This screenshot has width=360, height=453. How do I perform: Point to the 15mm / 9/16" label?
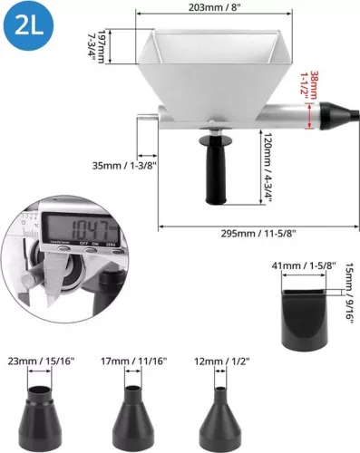349,294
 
